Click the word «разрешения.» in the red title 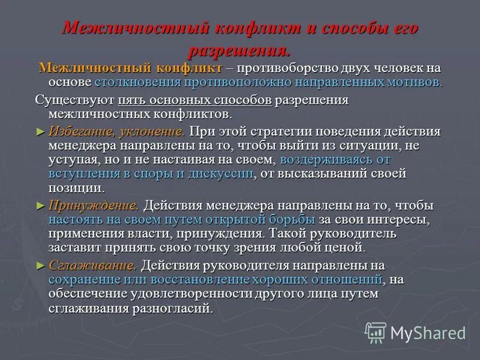tap(239, 49)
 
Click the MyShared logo tap(415, 332)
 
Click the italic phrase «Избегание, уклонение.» tap(116, 131)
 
